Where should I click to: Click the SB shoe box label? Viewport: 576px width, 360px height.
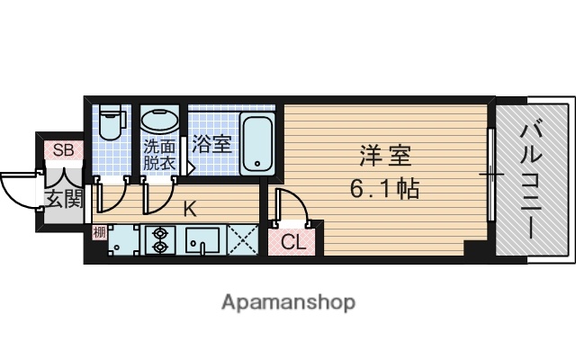point(63,149)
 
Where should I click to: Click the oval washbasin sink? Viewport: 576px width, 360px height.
point(161,122)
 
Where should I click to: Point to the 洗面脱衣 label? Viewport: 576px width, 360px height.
point(160,157)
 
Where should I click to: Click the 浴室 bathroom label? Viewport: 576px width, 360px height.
point(214,143)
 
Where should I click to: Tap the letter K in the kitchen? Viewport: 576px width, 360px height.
point(190,211)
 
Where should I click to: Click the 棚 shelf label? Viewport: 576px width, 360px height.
point(99,232)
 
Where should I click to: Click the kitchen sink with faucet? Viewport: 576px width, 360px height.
point(203,240)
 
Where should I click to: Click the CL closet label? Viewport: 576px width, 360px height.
point(292,240)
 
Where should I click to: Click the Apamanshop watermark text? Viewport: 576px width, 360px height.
point(288,301)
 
